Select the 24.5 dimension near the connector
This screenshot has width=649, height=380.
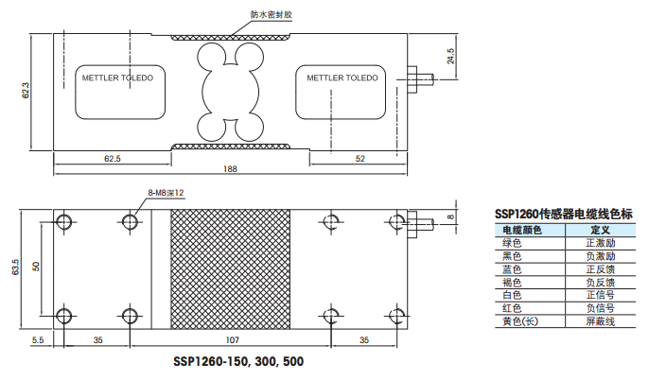pos(450,56)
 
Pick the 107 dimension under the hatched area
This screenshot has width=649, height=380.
pos(231,338)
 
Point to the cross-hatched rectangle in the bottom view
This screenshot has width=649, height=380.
pos(231,269)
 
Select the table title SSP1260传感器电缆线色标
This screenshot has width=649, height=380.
pos(563,215)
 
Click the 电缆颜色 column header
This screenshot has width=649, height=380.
pos(521,230)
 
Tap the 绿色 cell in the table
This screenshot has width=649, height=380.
pos(512,243)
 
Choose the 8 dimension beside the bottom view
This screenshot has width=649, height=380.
pos(450,216)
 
